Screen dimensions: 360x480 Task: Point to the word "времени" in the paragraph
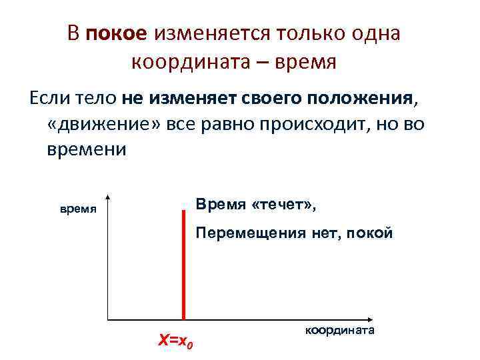87,149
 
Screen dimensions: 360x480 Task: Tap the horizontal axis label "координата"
341,330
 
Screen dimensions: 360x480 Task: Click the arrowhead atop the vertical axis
107,199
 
